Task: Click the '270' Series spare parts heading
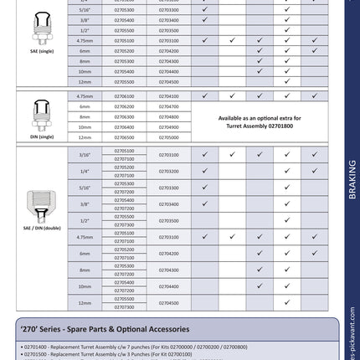(102, 329)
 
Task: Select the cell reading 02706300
(124, 117)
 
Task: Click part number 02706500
(124, 137)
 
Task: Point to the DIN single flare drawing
(42, 114)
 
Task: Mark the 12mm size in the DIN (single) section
(85, 137)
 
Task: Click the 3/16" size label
(85, 155)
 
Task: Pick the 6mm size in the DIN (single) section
(85, 107)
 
